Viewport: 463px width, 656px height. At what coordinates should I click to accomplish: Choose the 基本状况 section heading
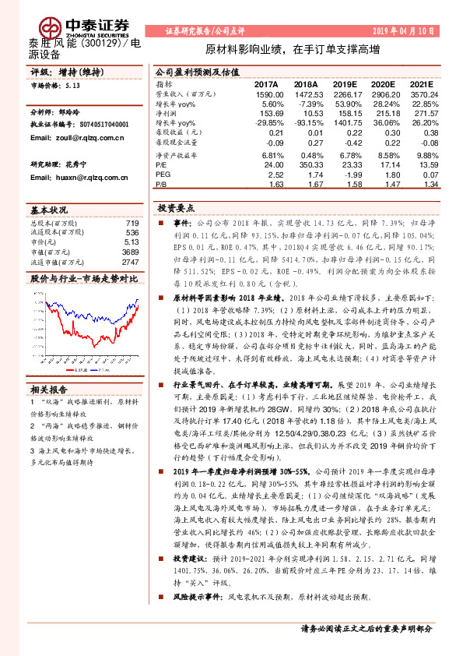pos(50,211)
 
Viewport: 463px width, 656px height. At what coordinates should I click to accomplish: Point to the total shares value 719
pos(132,224)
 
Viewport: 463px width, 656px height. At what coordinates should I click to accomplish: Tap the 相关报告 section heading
pos(50,389)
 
